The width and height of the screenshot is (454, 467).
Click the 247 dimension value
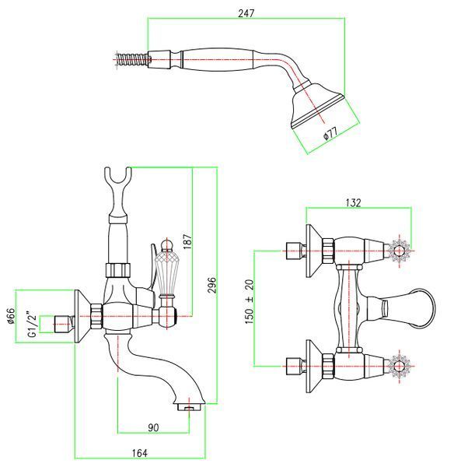tap(246, 13)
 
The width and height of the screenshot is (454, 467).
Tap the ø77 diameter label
tap(330, 132)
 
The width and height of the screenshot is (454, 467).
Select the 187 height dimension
tap(187, 241)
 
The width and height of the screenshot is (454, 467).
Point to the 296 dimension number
tap(211, 285)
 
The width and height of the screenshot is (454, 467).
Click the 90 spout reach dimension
tap(153, 427)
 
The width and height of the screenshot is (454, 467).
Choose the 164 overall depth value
tap(139, 453)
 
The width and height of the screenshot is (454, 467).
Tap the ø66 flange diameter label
tap(10, 316)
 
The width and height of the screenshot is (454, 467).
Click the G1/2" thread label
tap(32, 324)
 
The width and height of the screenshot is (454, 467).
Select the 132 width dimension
tap(353, 202)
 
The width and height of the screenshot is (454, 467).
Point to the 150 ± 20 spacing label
tap(250, 301)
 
